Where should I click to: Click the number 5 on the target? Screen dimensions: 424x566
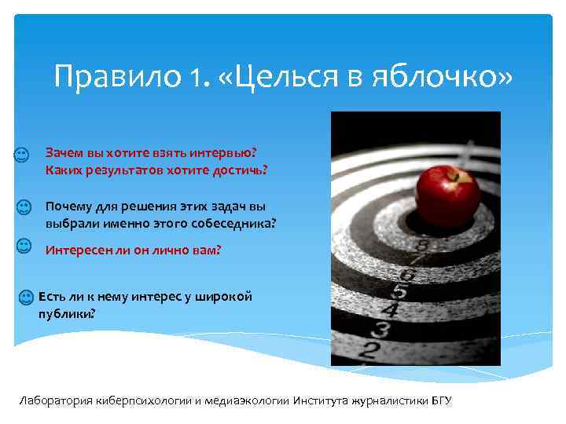coord(399,291)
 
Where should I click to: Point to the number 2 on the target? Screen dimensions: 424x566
coord(365,351)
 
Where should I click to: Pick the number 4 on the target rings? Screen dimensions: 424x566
coord(388,310)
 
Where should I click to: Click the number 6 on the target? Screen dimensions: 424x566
coord(407,275)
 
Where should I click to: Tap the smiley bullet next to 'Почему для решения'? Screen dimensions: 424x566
coord(24,207)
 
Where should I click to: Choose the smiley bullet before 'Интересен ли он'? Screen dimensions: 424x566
coord(24,247)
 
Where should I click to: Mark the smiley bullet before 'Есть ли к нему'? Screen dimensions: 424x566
coord(26,298)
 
